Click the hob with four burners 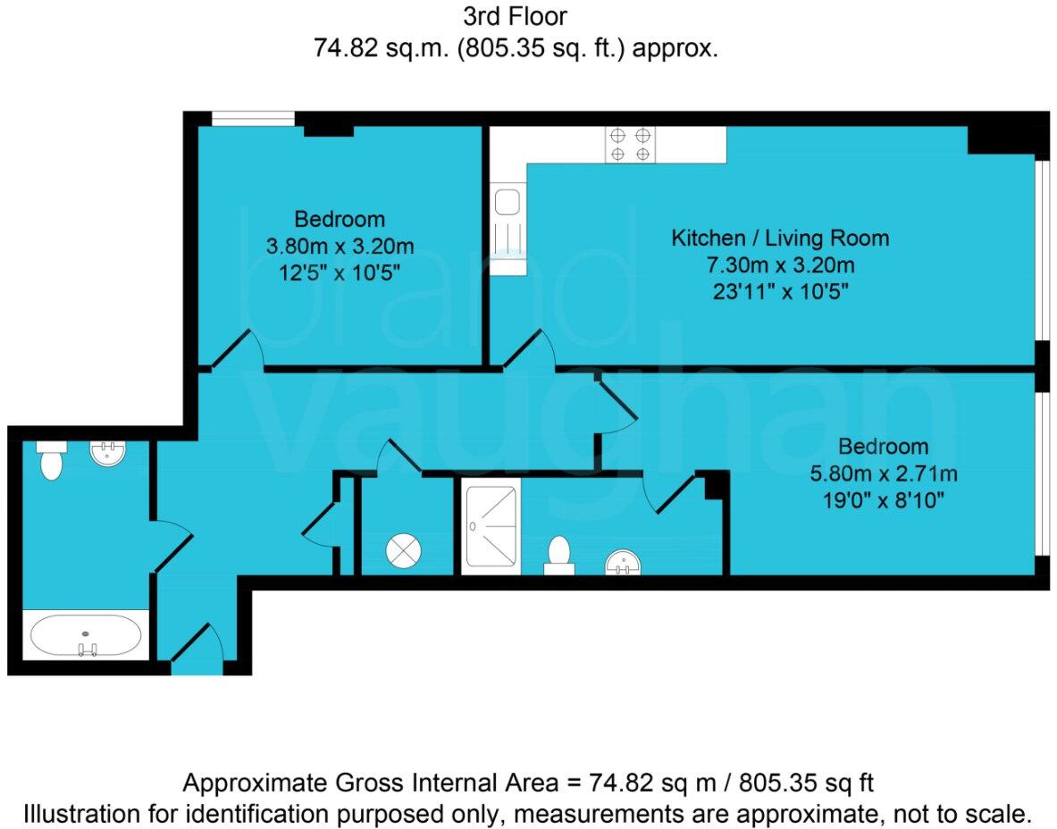tap(630, 145)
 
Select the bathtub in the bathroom tap(85, 635)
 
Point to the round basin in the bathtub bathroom tap(109, 453)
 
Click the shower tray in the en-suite tap(491, 526)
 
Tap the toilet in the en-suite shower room tap(559, 555)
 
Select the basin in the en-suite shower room tap(623, 563)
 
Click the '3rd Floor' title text tap(516, 15)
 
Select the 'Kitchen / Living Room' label tap(780, 238)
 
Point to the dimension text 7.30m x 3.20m tap(780, 264)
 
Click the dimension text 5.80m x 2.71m tap(882, 473)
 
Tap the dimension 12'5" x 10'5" tap(340, 272)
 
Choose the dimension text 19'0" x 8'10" tap(882, 499)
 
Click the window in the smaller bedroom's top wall tap(253, 118)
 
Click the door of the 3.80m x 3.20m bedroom tap(239, 350)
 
